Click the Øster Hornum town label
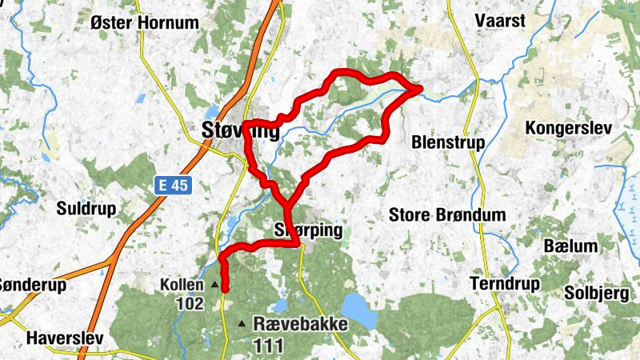[144, 22]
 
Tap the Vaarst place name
[500, 20]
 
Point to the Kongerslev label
[567, 128]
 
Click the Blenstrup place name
[447, 142]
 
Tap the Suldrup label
[86, 209]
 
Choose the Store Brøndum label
[447, 214]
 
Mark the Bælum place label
[570, 245]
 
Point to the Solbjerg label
[596, 293]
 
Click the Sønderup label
[32, 284]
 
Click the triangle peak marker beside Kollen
[214, 284]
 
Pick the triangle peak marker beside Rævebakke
[242, 323]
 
